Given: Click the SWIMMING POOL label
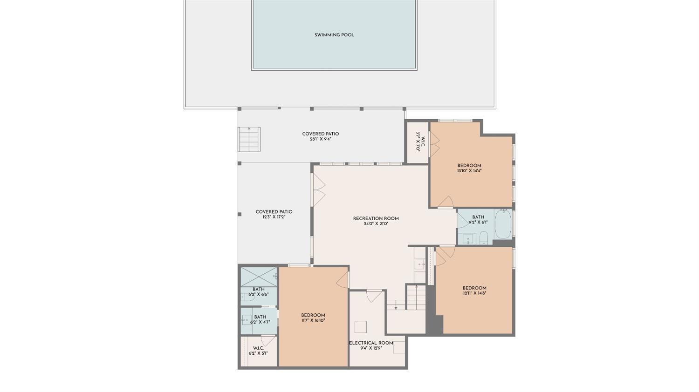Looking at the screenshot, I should pyautogui.click(x=334, y=35).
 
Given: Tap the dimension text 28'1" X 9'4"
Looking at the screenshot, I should pyautogui.click(x=320, y=139).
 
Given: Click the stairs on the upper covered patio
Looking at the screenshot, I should pyautogui.click(x=249, y=139).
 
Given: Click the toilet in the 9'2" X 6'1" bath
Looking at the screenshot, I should pyautogui.click(x=483, y=237).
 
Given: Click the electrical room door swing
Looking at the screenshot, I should pyautogui.click(x=374, y=296).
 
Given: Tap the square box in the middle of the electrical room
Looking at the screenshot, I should pyautogui.click(x=360, y=327).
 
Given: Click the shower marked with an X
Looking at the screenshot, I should pyautogui.click(x=258, y=277).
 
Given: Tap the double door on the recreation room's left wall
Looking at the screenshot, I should pyautogui.click(x=319, y=189).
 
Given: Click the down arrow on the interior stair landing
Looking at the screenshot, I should pyautogui.click(x=396, y=305).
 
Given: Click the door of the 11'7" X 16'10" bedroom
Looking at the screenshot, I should pyautogui.click(x=343, y=280).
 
